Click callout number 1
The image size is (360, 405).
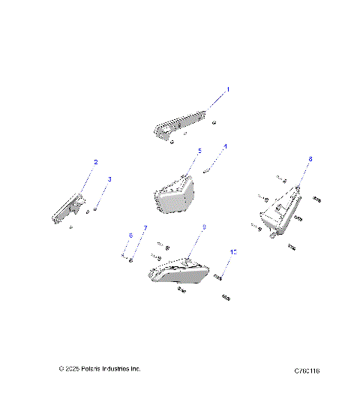point(228,88)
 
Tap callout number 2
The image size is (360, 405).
point(95,162)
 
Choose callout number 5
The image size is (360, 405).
point(199,151)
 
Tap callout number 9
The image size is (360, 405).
point(203,226)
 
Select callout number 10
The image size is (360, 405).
point(233,252)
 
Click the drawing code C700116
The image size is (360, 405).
point(313,370)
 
